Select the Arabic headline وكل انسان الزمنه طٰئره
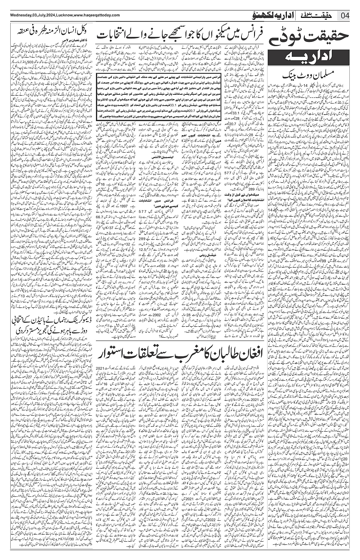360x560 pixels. pos(48,30)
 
